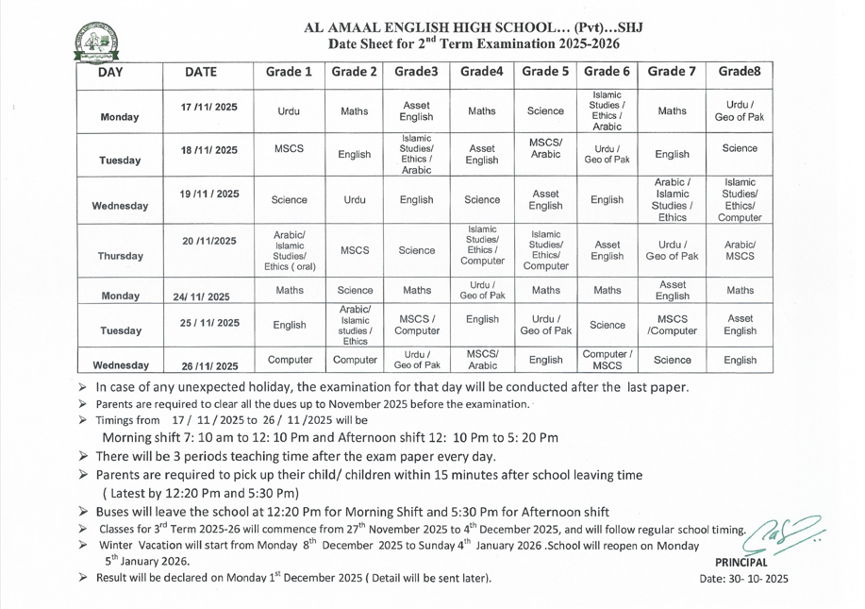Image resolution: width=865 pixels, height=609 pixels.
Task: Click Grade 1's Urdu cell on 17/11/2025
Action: tap(290, 110)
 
